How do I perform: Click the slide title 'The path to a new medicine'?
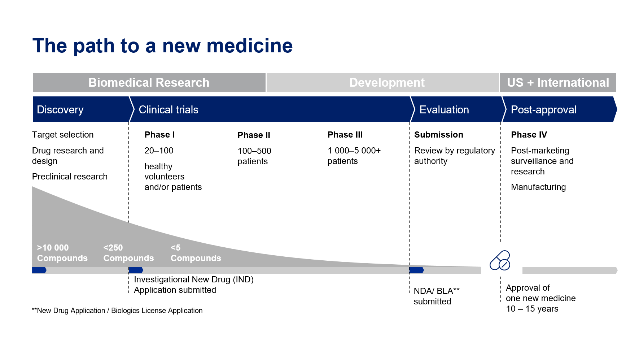click(x=162, y=46)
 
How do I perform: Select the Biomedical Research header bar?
click(x=149, y=82)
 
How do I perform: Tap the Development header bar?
click(x=383, y=82)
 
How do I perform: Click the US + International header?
click(x=558, y=82)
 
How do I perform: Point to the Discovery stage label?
click(x=60, y=109)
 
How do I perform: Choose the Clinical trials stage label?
click(x=168, y=109)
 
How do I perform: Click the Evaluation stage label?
click(x=444, y=109)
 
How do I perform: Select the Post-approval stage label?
click(x=544, y=110)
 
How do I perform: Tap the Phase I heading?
click(x=159, y=135)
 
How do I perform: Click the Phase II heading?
click(x=254, y=135)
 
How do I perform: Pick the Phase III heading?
click(x=345, y=135)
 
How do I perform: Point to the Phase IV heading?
click(x=529, y=135)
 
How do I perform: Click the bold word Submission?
click(x=439, y=135)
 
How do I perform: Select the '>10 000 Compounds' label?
click(x=62, y=253)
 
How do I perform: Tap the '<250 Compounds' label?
click(x=128, y=253)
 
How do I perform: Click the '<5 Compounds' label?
click(x=196, y=253)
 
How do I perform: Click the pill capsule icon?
click(x=500, y=260)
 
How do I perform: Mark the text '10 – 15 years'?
click(x=532, y=309)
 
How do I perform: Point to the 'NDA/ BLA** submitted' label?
click(x=437, y=296)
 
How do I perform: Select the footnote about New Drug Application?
click(x=117, y=311)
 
